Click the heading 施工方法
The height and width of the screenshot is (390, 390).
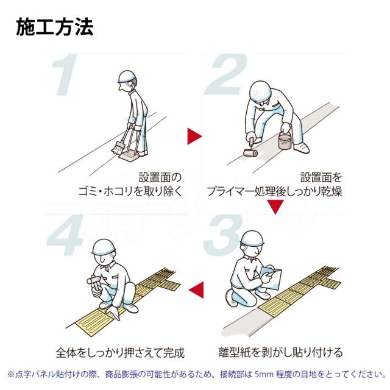pyautogui.click(x=55, y=27)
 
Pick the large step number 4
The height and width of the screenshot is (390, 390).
pyautogui.click(x=65, y=236)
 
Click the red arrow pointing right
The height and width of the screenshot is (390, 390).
pyautogui.click(x=194, y=136)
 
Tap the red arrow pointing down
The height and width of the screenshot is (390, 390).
pyautogui.click(x=275, y=207)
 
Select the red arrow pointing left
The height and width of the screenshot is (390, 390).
pyautogui.click(x=196, y=290)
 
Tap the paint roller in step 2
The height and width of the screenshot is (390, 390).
pyautogui.click(x=250, y=150)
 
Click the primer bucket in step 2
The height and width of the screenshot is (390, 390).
pyautogui.click(x=285, y=140)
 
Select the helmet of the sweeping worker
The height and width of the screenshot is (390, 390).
pyautogui.click(x=127, y=76)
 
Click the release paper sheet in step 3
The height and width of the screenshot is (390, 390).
pyautogui.click(x=271, y=278)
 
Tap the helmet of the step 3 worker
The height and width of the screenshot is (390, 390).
pyautogui.click(x=252, y=238)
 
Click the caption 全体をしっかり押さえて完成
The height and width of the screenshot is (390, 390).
pyautogui.click(x=120, y=353)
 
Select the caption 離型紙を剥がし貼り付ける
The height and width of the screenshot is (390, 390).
pyautogui.click(x=280, y=352)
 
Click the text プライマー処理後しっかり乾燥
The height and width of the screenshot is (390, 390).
pyautogui.click(x=274, y=191)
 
